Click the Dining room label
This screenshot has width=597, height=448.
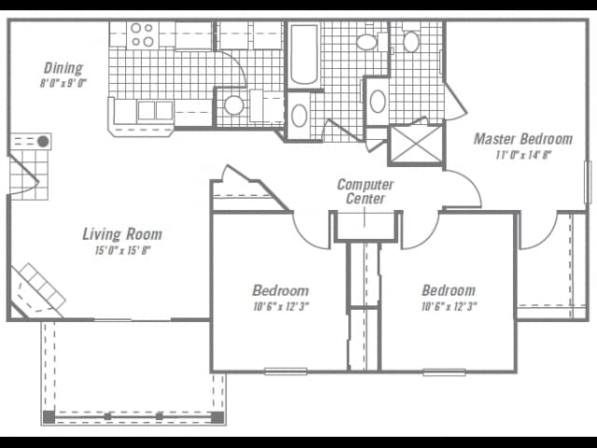click(x=63, y=68)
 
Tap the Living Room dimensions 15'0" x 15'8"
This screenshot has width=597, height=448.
click(x=122, y=250)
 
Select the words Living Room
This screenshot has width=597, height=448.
click(x=122, y=234)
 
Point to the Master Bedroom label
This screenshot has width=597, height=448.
click(x=522, y=139)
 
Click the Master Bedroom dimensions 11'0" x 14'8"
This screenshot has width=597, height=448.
click(x=522, y=155)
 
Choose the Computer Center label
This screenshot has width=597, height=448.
click(x=366, y=191)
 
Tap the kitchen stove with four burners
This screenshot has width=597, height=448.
click(x=142, y=35)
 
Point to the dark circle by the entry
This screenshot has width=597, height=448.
click(x=43, y=141)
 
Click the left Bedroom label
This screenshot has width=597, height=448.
click(x=280, y=290)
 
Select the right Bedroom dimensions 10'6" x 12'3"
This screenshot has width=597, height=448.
click(x=448, y=306)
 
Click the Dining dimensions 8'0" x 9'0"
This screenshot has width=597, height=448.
click(x=63, y=83)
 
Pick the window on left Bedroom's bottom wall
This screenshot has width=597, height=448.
click(x=285, y=371)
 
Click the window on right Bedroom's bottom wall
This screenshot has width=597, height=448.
click(x=444, y=371)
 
